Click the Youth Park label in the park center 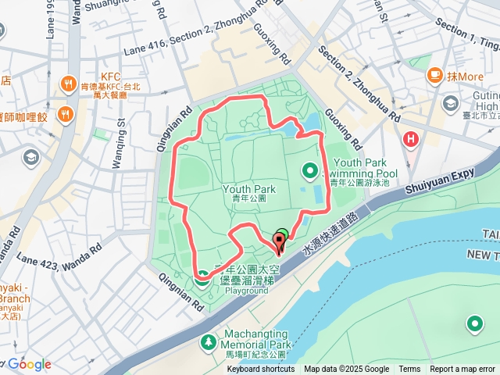click(x=249, y=189)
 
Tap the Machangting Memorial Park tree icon click(x=208, y=341)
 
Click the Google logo click(x=30, y=364)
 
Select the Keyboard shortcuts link click(x=261, y=370)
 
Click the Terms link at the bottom click(x=409, y=370)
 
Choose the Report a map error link click(x=462, y=370)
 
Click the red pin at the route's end click(x=279, y=242)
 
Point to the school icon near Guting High click(x=451, y=104)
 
